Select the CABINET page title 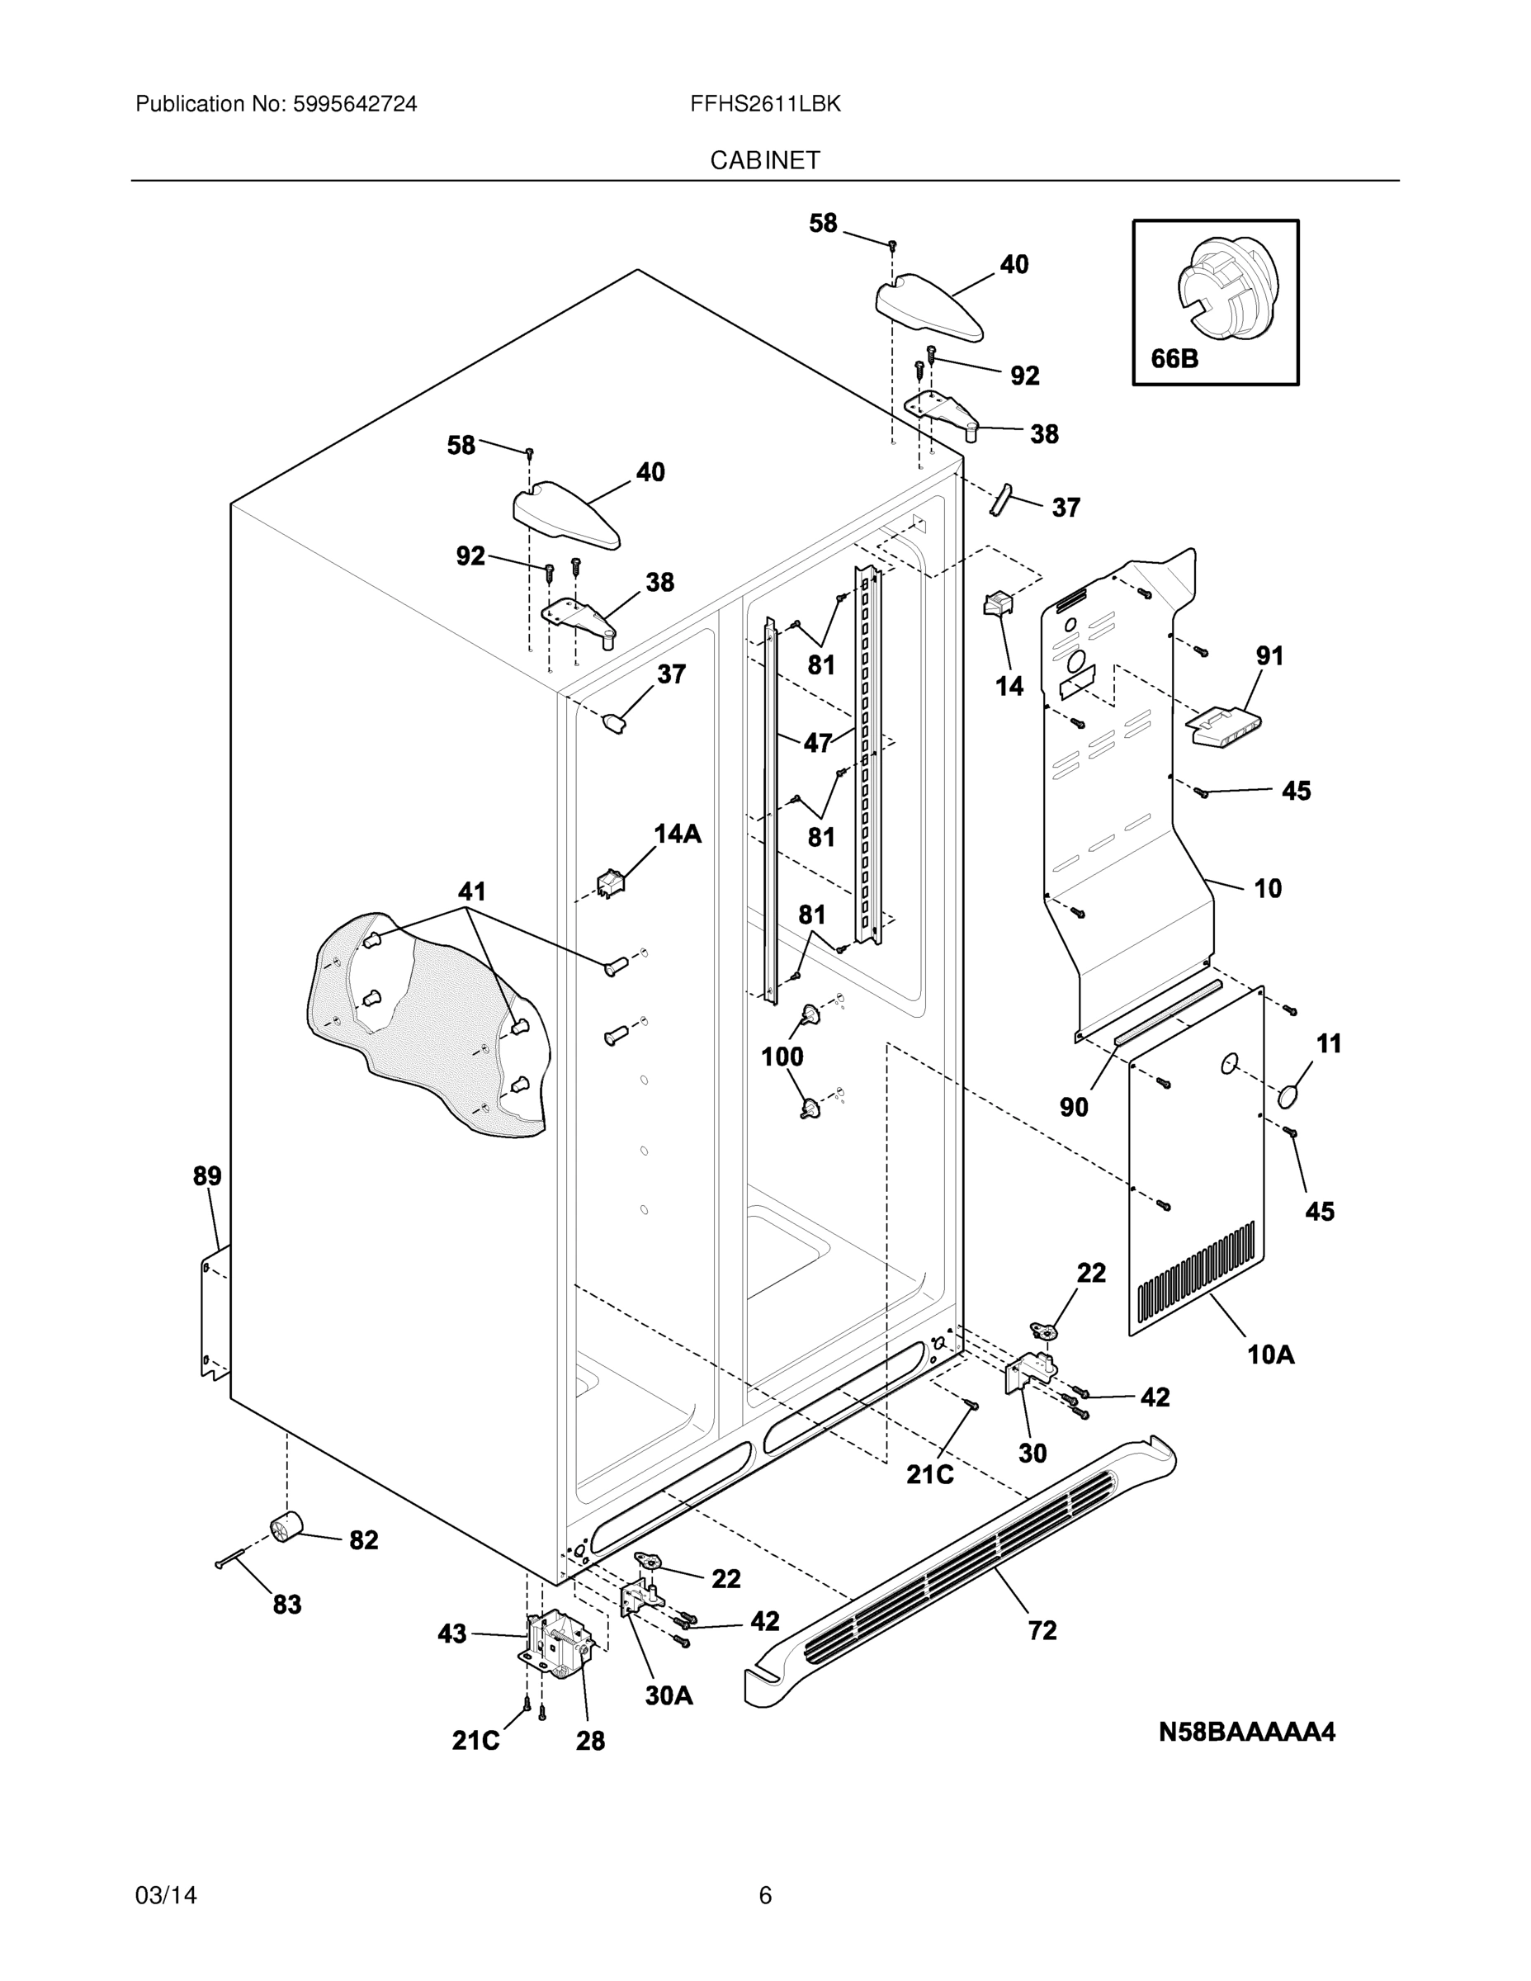click(764, 161)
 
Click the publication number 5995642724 click(354, 104)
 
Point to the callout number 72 click(1042, 1631)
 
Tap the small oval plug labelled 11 click(1291, 1097)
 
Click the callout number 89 click(207, 1176)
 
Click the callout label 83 click(286, 1605)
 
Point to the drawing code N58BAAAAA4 click(1247, 1733)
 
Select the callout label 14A click(678, 834)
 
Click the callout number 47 click(817, 743)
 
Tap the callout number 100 click(782, 1056)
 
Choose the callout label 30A click(669, 1695)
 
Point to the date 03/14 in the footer click(166, 1895)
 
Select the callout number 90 click(1074, 1107)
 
